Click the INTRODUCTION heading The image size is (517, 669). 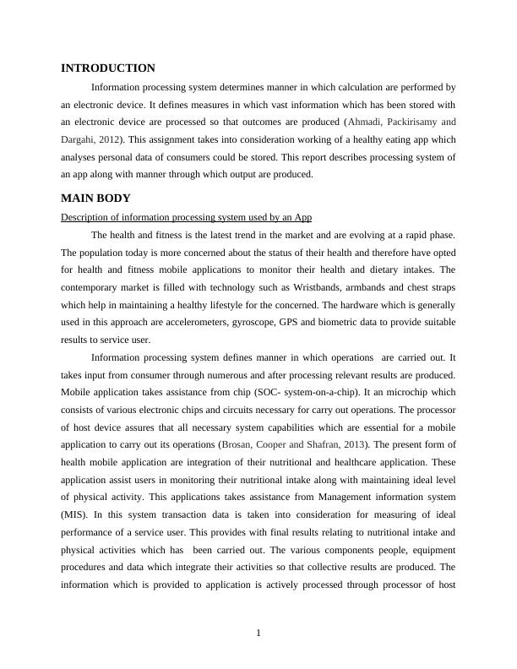click(107, 68)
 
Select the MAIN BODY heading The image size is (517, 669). click(95, 199)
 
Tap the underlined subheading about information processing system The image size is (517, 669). click(186, 217)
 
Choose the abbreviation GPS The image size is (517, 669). click(355, 322)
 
